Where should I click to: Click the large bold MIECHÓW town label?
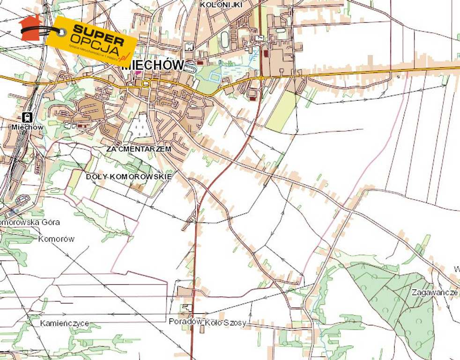click(x=153, y=65)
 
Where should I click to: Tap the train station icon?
click(x=27, y=117)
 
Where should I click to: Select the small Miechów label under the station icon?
click(x=28, y=127)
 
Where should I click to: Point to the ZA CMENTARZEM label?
click(x=139, y=149)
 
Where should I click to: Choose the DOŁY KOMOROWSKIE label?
click(x=129, y=176)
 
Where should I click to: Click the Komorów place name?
click(x=56, y=239)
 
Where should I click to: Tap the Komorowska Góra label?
click(x=30, y=222)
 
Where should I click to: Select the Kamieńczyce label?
click(x=64, y=323)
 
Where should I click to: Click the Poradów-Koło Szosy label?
click(x=208, y=322)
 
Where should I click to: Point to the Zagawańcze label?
click(x=434, y=292)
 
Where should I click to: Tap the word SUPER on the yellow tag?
click(x=98, y=32)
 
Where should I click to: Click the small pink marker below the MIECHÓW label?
click(x=138, y=73)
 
